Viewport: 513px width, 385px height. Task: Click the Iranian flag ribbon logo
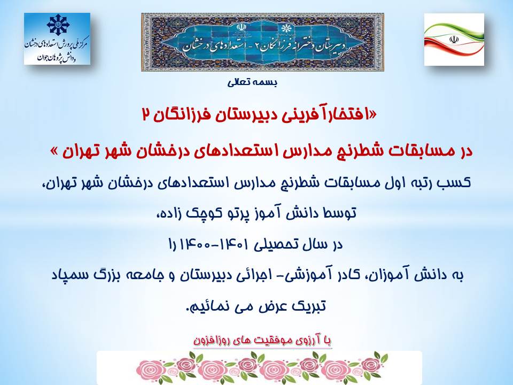coord(454,39)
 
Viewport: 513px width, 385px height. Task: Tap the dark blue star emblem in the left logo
coord(58,25)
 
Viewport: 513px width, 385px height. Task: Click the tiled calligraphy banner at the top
coord(262,42)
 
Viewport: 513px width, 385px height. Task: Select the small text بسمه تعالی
coord(252,83)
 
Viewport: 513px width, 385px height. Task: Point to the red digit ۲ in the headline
coord(146,115)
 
